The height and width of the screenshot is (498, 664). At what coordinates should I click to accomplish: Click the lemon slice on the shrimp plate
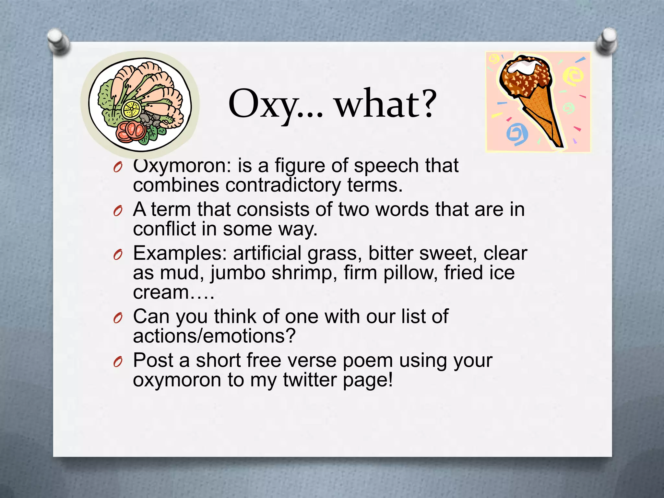click(x=131, y=109)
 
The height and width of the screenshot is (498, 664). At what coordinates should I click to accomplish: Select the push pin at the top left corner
click(x=58, y=41)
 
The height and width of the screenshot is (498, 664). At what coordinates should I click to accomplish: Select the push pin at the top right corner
click(x=606, y=40)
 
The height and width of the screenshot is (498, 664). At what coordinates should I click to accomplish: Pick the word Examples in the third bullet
click(x=180, y=253)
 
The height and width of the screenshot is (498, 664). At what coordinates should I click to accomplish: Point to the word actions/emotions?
click(x=214, y=336)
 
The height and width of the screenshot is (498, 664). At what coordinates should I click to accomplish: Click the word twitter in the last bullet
click(x=310, y=380)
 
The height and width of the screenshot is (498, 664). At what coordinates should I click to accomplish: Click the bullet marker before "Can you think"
click(x=118, y=319)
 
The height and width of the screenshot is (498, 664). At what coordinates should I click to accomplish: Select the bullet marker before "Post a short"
click(x=118, y=362)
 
